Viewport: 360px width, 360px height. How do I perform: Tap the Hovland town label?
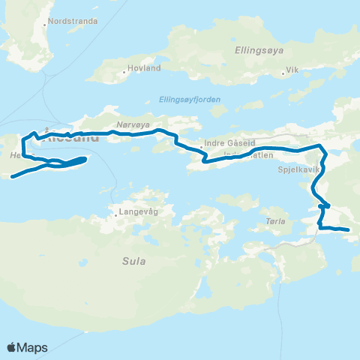(145, 68)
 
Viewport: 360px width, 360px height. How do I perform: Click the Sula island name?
(133, 261)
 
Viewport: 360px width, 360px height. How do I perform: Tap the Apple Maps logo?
(26, 347)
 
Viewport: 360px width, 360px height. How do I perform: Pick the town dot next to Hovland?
(125, 73)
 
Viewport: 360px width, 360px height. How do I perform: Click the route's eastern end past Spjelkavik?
(349, 229)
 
